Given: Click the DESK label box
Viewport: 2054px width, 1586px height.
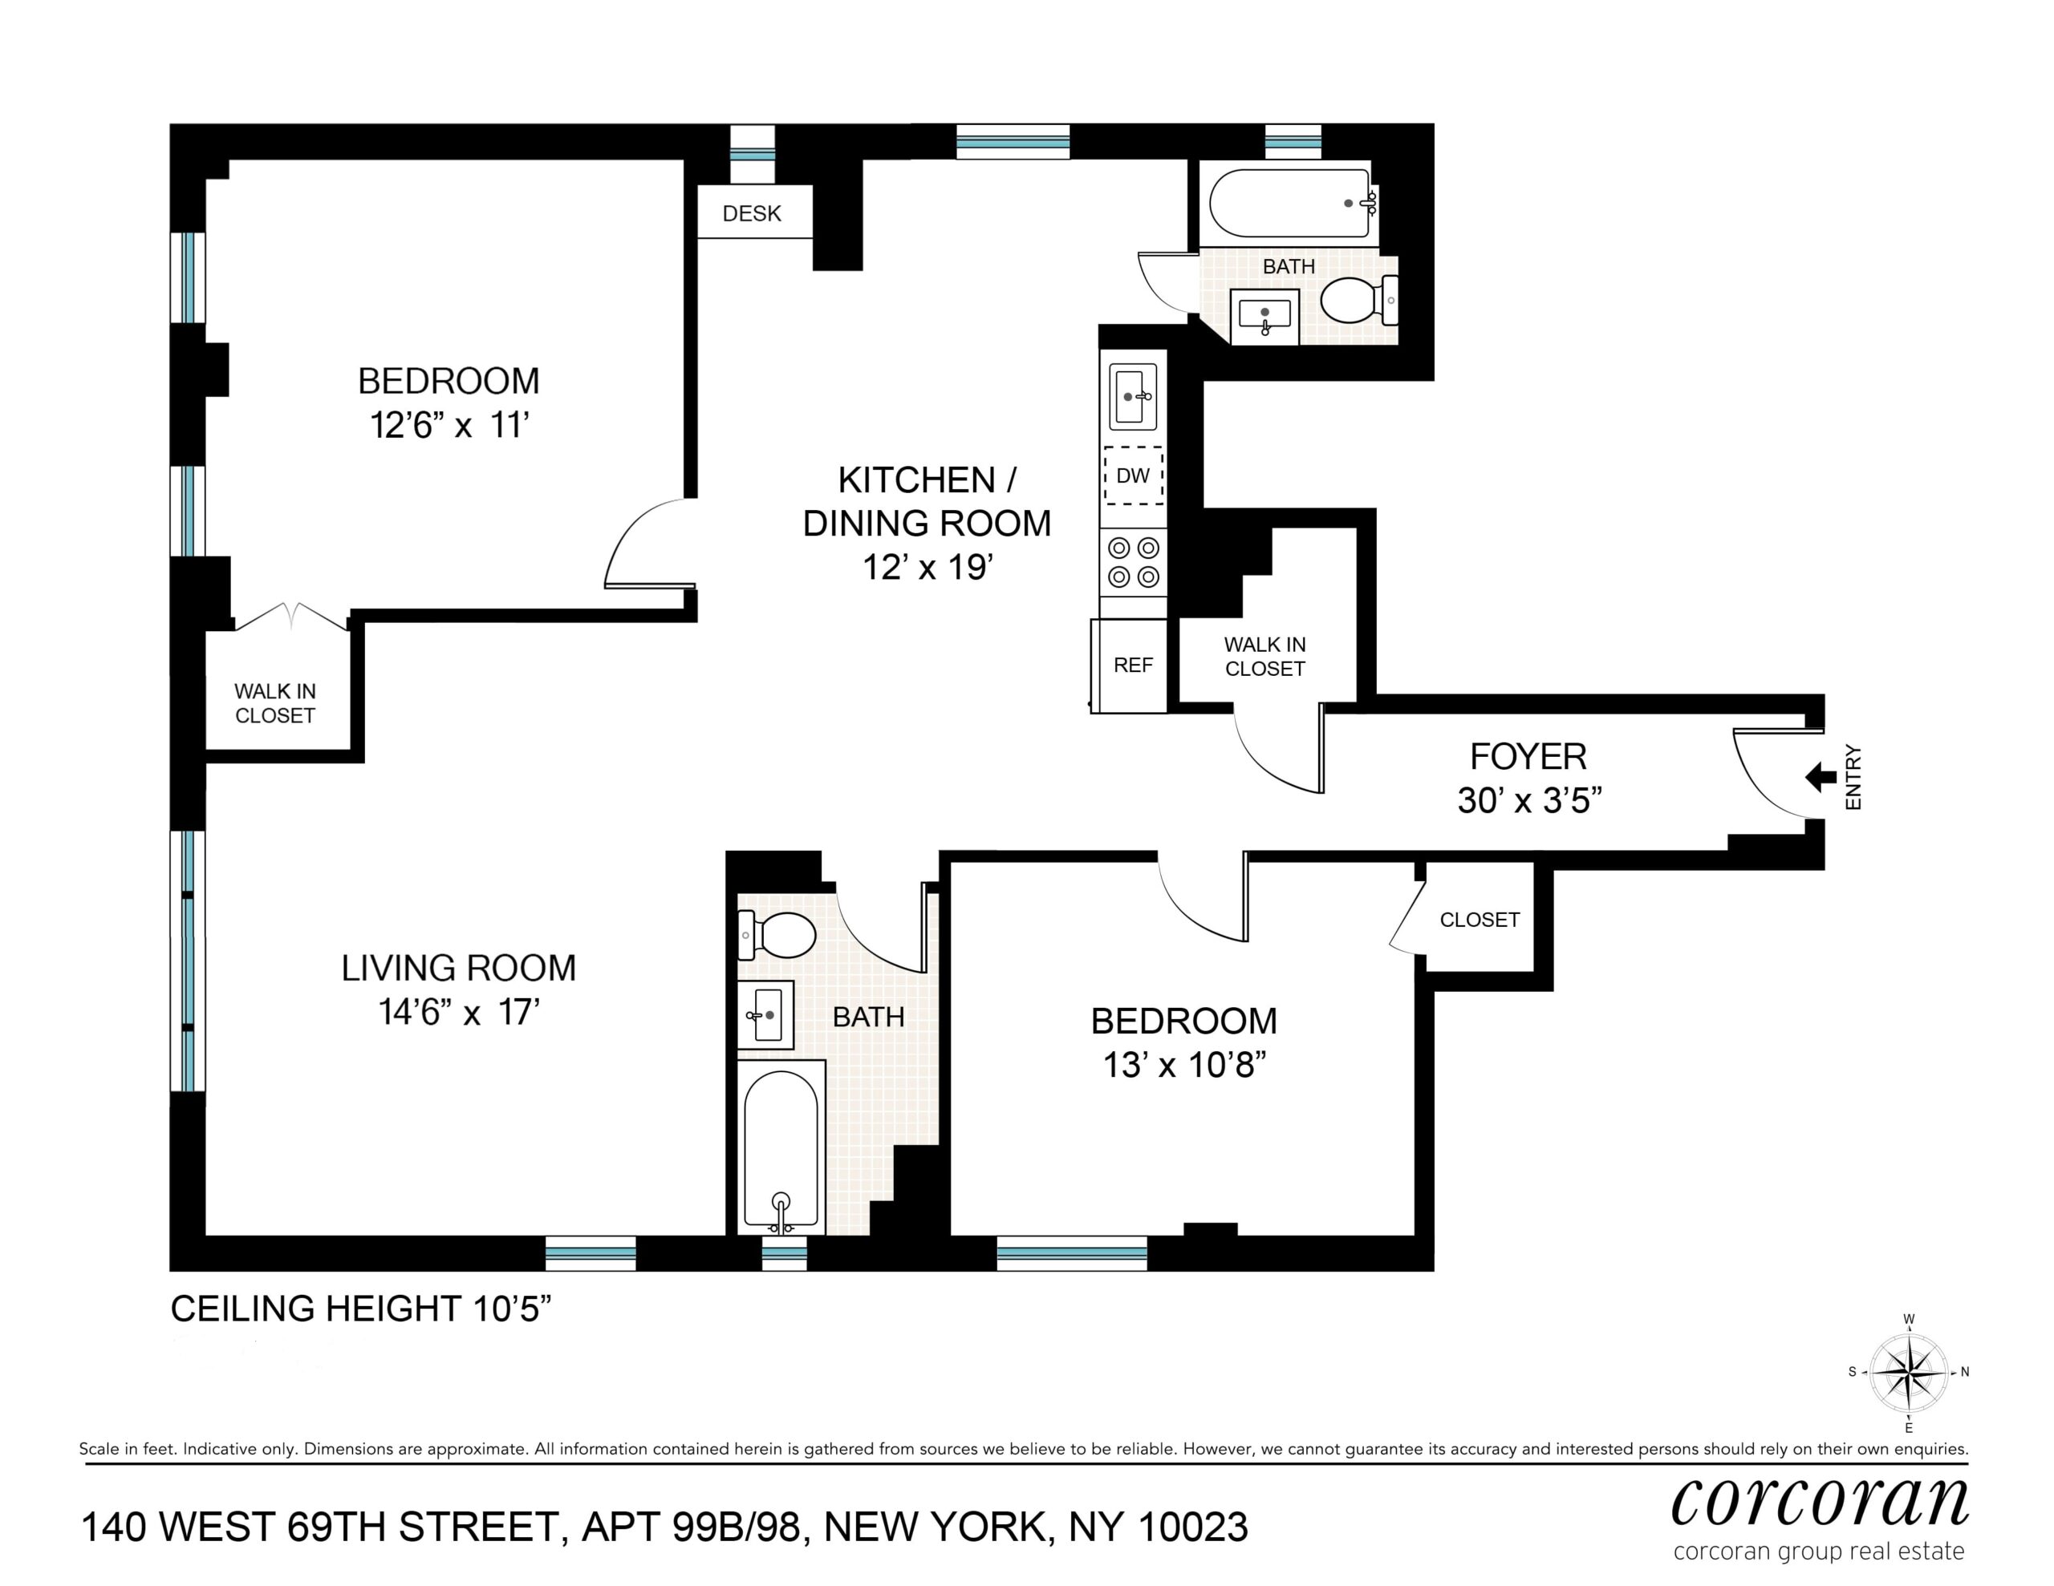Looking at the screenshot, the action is click(x=754, y=212).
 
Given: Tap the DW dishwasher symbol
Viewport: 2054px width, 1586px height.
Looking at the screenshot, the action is click(x=1133, y=475).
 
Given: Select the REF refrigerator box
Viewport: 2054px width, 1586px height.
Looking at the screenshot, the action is click(x=1132, y=666).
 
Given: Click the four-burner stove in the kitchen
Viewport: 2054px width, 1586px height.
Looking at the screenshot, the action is click(x=1133, y=562).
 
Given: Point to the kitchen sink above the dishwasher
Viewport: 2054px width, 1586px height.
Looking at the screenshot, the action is click(x=1133, y=397).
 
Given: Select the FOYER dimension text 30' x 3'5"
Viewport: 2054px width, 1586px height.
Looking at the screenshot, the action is click(x=1529, y=800).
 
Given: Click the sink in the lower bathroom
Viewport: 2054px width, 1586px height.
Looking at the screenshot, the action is click(x=765, y=1014).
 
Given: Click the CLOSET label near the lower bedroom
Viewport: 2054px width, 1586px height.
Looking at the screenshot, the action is click(x=1480, y=920).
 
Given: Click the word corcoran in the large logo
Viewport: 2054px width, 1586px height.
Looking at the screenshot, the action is click(x=1820, y=1503).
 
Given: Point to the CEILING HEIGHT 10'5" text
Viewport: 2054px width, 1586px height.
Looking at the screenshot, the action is click(x=360, y=1309).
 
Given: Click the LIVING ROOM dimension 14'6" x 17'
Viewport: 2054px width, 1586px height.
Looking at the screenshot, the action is click(x=459, y=1012).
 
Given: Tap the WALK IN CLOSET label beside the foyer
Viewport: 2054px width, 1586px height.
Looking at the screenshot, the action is click(x=1265, y=656).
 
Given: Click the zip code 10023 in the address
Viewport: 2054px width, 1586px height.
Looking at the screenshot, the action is click(x=1192, y=1527).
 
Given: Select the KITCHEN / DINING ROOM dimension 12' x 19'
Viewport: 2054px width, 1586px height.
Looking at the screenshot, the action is click(x=928, y=567).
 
